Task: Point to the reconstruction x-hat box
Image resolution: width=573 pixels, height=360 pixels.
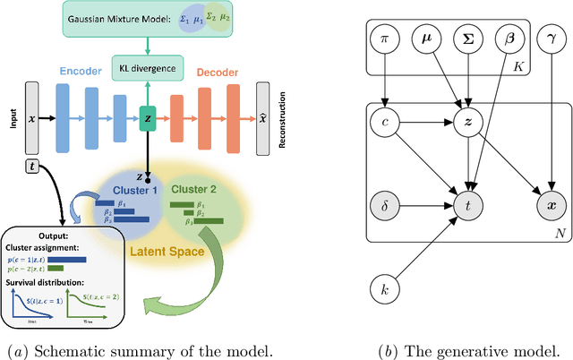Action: pyautogui.click(x=262, y=118)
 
